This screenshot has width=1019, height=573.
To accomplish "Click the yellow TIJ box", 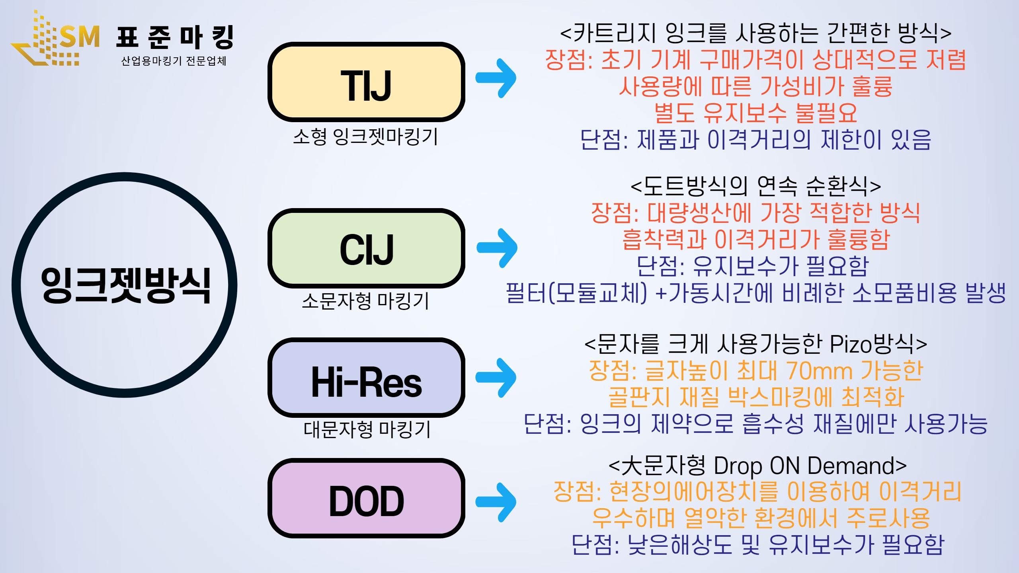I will click(x=366, y=82).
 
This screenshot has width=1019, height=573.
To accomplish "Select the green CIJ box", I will click(x=366, y=248).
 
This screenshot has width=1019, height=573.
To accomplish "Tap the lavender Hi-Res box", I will click(x=366, y=378).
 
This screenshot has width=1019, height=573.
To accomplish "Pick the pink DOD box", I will click(x=366, y=499).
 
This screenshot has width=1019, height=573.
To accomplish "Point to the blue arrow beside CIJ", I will click(x=497, y=248).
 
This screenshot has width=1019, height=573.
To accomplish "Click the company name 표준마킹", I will click(x=175, y=37).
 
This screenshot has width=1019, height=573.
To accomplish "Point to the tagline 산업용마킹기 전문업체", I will click(x=174, y=61).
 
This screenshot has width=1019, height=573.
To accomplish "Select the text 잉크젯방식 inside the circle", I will click(x=126, y=285).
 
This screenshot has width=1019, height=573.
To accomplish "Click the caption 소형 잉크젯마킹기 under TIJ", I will click(x=365, y=136).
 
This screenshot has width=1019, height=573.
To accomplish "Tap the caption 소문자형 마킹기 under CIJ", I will click(x=365, y=301).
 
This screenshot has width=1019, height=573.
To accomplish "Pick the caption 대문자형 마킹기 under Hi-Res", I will click(x=367, y=430).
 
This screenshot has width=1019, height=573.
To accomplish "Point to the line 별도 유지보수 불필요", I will click(x=755, y=113).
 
